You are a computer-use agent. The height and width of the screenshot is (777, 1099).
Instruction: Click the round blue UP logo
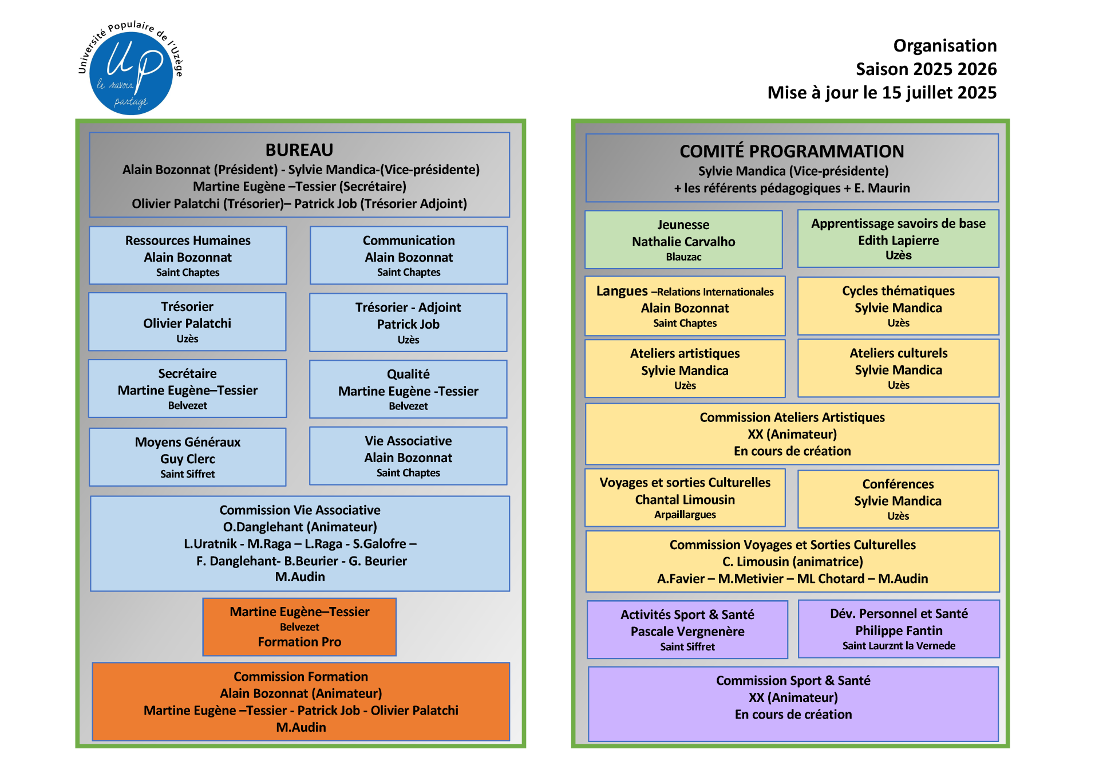click(x=131, y=73)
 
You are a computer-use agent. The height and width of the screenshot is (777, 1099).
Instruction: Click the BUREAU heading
click(x=299, y=150)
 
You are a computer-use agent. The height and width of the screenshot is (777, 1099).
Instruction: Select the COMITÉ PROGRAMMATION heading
click(x=792, y=152)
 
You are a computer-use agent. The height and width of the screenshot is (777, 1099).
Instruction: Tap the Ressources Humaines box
click(x=188, y=255)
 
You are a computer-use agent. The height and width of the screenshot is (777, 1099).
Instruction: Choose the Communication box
click(x=409, y=255)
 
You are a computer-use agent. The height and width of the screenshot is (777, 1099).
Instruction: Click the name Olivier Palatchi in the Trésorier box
click(x=187, y=324)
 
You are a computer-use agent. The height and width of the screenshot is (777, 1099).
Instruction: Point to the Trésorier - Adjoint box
click(x=408, y=322)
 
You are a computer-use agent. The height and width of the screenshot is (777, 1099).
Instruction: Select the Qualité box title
click(x=408, y=374)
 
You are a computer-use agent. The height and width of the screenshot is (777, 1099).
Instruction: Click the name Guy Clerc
click(x=188, y=459)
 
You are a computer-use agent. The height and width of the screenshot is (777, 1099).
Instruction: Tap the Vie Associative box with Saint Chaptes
click(x=408, y=456)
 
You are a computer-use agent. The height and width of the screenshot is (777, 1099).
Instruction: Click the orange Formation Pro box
click(x=299, y=627)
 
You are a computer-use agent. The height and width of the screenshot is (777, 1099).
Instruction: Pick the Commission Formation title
click(x=301, y=677)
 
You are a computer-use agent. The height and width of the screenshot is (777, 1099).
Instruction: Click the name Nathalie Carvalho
click(x=683, y=242)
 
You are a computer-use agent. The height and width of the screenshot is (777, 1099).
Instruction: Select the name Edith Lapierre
click(x=898, y=241)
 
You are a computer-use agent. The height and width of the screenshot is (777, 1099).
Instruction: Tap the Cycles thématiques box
click(x=898, y=306)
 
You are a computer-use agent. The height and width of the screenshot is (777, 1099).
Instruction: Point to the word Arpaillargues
click(x=685, y=515)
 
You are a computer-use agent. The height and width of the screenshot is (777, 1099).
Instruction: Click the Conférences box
click(x=898, y=499)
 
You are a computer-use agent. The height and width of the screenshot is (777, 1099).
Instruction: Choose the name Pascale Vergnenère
click(x=687, y=632)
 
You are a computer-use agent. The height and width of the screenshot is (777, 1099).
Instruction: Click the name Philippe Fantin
click(x=899, y=631)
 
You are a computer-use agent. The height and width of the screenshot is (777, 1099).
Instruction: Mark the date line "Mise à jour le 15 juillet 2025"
click(x=881, y=93)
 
